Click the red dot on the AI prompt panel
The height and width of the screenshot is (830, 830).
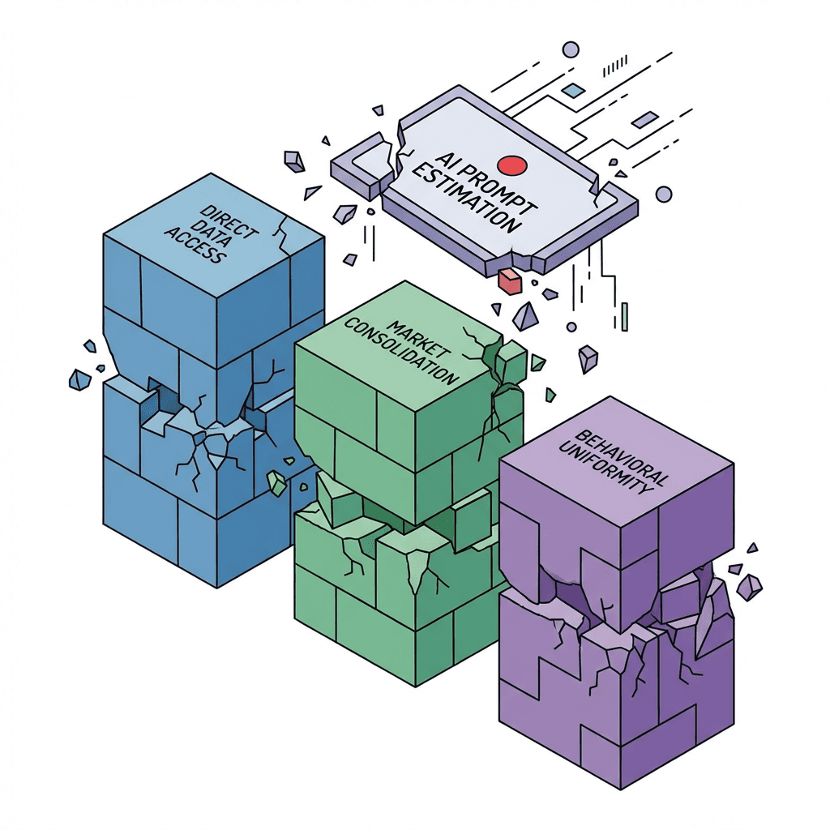point(512,165)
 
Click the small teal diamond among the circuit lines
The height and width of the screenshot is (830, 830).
point(573,91)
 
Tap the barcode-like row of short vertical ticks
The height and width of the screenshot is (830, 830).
point(618,62)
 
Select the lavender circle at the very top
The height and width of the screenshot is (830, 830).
point(571,50)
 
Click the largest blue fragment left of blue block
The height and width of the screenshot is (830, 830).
point(79,379)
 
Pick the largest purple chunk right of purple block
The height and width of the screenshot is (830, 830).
point(749,586)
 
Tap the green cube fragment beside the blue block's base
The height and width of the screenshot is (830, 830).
point(277,484)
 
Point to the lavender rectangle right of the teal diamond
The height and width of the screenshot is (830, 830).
point(644,121)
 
